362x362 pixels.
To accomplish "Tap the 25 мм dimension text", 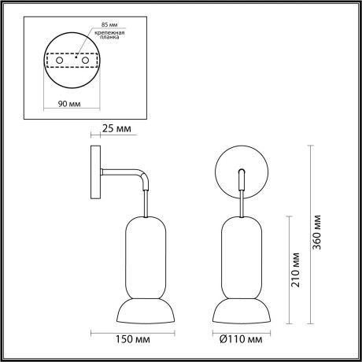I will tap(119, 129).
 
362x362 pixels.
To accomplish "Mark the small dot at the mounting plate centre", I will tap(70, 58).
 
